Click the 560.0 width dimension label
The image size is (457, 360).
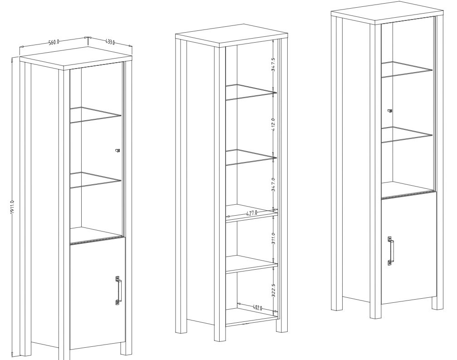click(x=54, y=42)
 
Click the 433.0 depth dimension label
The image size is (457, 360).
click(x=110, y=42)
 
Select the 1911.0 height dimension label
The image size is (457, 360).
click(x=12, y=207)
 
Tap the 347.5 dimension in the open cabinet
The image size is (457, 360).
click(x=273, y=64)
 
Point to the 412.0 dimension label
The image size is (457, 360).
click(x=273, y=124)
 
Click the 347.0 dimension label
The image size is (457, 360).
click(x=273, y=184)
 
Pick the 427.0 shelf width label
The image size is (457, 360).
click(x=251, y=213)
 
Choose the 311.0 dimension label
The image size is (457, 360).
click(x=273, y=238)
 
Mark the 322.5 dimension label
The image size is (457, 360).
click(x=273, y=291)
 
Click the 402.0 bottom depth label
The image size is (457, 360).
click(x=257, y=307)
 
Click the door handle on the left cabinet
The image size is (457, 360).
click(x=118, y=291)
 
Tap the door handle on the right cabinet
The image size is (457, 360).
click(x=390, y=251)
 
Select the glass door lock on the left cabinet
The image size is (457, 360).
click(x=118, y=150)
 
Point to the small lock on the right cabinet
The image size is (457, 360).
click(x=390, y=110)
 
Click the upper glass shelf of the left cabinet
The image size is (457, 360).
click(x=95, y=114)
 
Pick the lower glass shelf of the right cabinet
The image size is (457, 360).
click(x=407, y=134)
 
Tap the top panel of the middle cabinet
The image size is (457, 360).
click(x=232, y=35)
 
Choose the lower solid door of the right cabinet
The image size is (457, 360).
click(x=408, y=250)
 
